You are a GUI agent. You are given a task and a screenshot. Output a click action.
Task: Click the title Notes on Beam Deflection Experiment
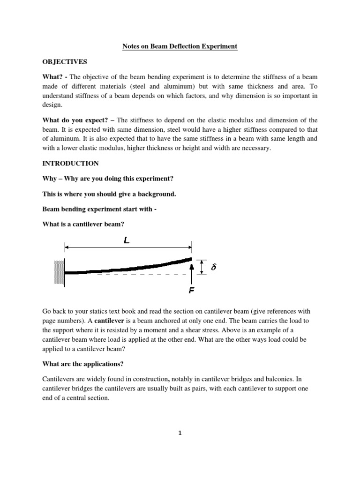[x=180, y=46]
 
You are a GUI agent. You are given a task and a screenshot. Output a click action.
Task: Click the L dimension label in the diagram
[x=127, y=241]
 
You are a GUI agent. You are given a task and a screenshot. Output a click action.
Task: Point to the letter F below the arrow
[x=192, y=291]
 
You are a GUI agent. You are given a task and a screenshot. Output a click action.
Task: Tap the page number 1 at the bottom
[x=180, y=433]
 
